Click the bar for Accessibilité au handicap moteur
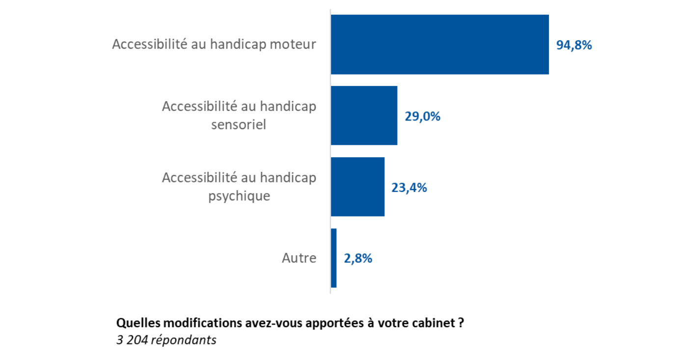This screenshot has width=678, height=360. click(x=439, y=44)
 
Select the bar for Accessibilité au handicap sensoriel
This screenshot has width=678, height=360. click(x=364, y=115)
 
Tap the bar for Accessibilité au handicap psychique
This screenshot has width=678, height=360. click(x=357, y=187)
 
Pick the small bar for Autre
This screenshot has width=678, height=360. click(x=334, y=258)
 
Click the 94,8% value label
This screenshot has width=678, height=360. click(x=574, y=45)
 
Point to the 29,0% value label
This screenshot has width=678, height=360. click(x=422, y=116)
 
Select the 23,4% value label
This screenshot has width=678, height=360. click(x=409, y=188)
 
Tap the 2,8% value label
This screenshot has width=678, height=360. click(x=358, y=258)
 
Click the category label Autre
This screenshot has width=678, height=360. click(x=299, y=258)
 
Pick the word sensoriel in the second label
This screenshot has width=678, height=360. click(x=239, y=125)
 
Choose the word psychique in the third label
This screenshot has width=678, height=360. click(x=239, y=196)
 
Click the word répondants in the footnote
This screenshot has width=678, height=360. click(x=184, y=340)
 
